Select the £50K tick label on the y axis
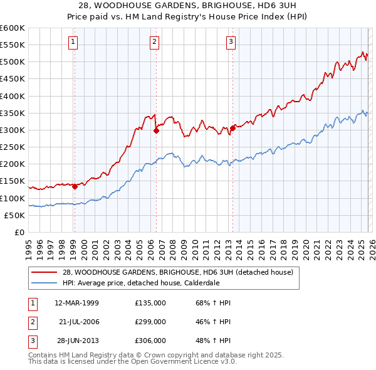[14, 215]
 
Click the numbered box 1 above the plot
[73, 42]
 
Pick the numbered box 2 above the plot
[154, 42]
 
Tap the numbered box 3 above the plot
[231, 42]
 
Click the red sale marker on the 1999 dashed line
[75, 186]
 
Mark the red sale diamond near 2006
[156, 130]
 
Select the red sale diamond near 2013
[232, 128]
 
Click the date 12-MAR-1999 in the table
[77, 303]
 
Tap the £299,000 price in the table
[150, 322]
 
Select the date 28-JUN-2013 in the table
[77, 341]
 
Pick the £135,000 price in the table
[150, 303]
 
